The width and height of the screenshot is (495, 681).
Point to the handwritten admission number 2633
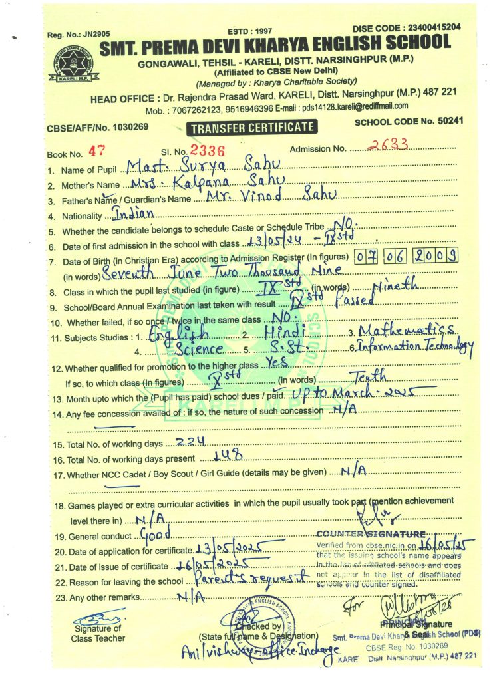[x=389, y=146]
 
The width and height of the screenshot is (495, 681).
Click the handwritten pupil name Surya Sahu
[x=206, y=165]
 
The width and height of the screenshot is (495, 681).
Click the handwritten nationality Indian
[x=134, y=213]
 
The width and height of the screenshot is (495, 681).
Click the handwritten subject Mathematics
[x=406, y=329]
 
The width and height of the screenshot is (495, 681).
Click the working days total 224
[x=190, y=442]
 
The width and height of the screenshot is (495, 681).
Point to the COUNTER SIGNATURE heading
[x=371, y=534]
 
